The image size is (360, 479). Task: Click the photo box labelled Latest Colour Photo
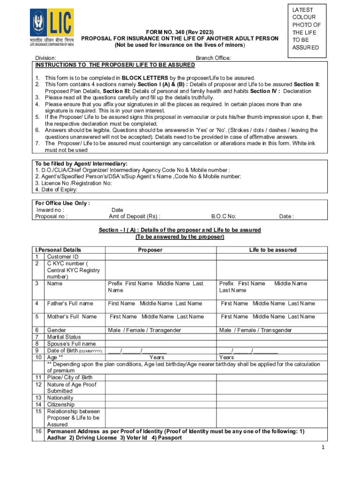307,29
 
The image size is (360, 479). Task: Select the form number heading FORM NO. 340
180,31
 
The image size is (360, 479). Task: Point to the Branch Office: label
213,58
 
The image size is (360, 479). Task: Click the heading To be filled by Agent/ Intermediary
81,164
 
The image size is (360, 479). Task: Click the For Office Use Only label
63,203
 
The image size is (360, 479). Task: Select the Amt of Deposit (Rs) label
134,217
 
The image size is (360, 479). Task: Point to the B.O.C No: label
223,217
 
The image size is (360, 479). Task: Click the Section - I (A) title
180,230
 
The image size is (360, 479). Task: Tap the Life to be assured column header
273,250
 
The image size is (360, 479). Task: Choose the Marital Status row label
64,337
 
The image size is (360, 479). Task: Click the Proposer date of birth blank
137,350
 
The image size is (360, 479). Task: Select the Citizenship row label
61,404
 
